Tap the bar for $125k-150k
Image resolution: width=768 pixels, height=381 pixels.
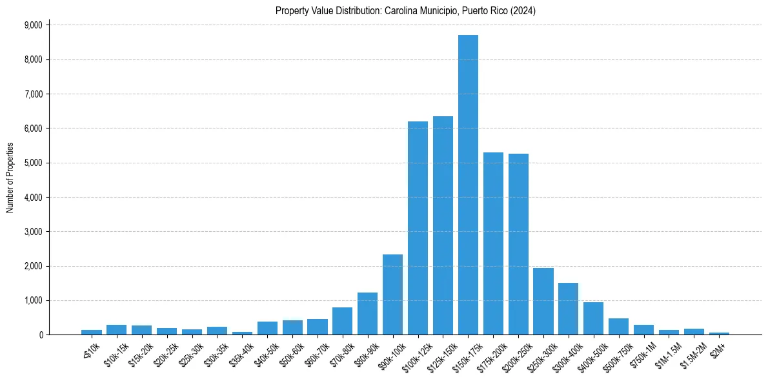[x=443, y=225]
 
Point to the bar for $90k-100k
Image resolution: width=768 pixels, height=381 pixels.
[x=392, y=294]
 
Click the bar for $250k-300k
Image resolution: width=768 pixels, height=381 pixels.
[x=543, y=301]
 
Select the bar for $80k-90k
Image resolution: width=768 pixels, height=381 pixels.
[x=367, y=314]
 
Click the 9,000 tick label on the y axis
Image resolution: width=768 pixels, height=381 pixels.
[x=33, y=25]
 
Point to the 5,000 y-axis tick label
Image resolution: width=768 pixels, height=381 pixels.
[x=33, y=163]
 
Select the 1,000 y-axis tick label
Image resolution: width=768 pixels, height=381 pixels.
[x=33, y=300]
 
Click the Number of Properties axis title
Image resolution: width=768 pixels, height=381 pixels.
[x=10, y=178]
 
